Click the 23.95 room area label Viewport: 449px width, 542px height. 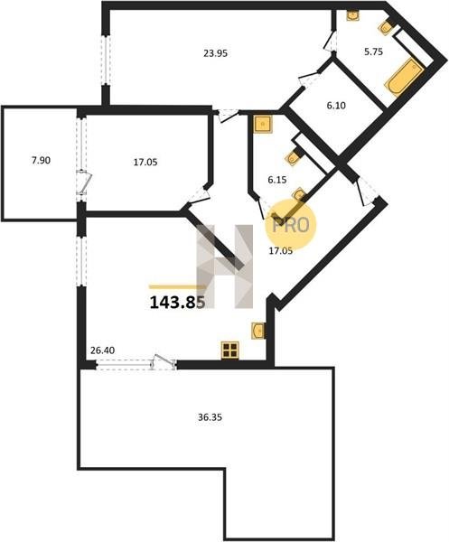point(216,53)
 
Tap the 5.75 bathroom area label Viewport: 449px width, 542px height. point(373,51)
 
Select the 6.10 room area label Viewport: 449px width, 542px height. point(336,106)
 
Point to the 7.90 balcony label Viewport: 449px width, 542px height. point(41,161)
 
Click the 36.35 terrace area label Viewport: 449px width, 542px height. point(210,417)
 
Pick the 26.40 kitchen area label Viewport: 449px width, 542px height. point(102,350)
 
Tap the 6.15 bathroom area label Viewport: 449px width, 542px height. point(277,180)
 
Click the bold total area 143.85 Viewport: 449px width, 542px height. point(177,303)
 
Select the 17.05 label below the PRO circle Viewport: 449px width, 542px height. point(281,251)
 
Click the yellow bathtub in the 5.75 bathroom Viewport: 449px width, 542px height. point(404,76)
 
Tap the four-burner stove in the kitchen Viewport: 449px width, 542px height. point(230,350)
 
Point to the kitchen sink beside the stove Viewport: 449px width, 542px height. point(258,331)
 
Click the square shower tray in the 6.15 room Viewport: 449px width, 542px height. point(263,124)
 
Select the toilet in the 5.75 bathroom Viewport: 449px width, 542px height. point(387,27)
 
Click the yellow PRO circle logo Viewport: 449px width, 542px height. point(290,225)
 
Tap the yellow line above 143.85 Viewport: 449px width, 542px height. point(176,286)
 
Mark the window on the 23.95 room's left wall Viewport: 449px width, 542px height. point(106,60)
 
